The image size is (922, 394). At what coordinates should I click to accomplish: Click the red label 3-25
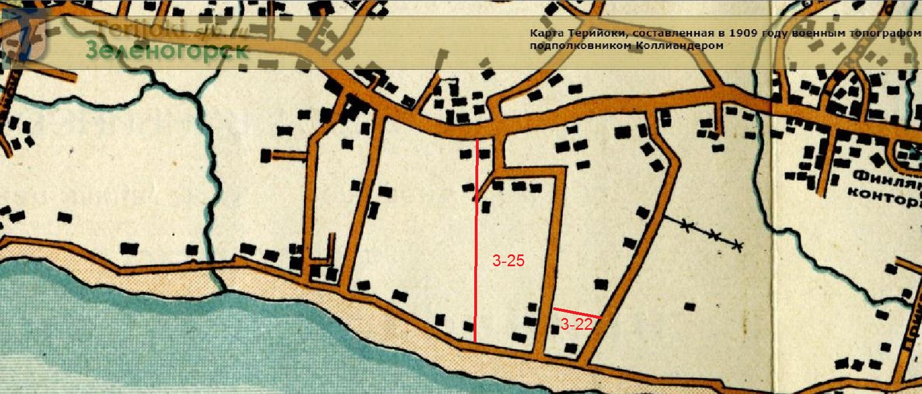point(508,261)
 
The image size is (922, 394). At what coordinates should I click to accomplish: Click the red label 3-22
point(575,324)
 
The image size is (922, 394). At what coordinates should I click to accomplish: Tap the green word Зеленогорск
point(167,51)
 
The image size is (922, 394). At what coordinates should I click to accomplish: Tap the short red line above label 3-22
point(577,313)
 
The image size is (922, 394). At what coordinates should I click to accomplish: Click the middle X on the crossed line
point(714,235)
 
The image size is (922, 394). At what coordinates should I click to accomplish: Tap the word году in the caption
point(776,33)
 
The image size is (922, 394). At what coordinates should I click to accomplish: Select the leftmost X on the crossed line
point(686,226)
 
